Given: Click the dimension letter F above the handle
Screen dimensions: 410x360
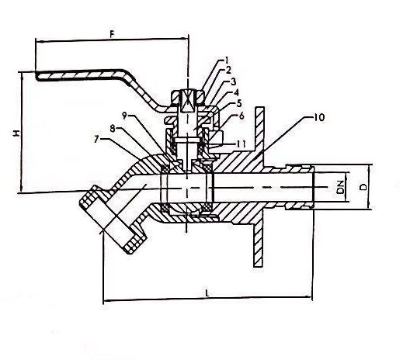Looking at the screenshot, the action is [x=112, y=34].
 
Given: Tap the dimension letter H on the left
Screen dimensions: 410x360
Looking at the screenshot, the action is [x=16, y=133].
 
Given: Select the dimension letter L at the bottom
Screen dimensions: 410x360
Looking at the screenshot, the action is [x=207, y=292].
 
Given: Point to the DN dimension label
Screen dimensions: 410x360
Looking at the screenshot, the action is [x=340, y=187].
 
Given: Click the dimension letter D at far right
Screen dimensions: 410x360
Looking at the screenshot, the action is [x=363, y=187].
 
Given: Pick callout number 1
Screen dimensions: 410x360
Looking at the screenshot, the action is [x=227, y=61].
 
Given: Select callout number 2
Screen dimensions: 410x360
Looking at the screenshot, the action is [x=228, y=71].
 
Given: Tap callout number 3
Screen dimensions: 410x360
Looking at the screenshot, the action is [x=233, y=81].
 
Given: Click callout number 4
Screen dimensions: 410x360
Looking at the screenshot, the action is [x=236, y=92].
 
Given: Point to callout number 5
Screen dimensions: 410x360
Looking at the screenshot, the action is [x=238, y=104].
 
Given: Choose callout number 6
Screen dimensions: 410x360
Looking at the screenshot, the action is [x=241, y=116].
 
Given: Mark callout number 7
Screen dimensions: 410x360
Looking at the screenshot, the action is [x=96, y=140].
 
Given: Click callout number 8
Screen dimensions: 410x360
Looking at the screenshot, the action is [x=113, y=128].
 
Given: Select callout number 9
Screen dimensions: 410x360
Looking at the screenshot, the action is [x=124, y=116].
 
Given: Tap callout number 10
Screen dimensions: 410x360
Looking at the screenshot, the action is [x=318, y=118].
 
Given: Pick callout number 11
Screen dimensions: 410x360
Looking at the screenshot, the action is [x=241, y=144].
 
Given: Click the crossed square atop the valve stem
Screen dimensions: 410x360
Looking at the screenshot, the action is [x=187, y=101].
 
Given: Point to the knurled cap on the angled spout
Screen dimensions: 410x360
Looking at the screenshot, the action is [x=112, y=220].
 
